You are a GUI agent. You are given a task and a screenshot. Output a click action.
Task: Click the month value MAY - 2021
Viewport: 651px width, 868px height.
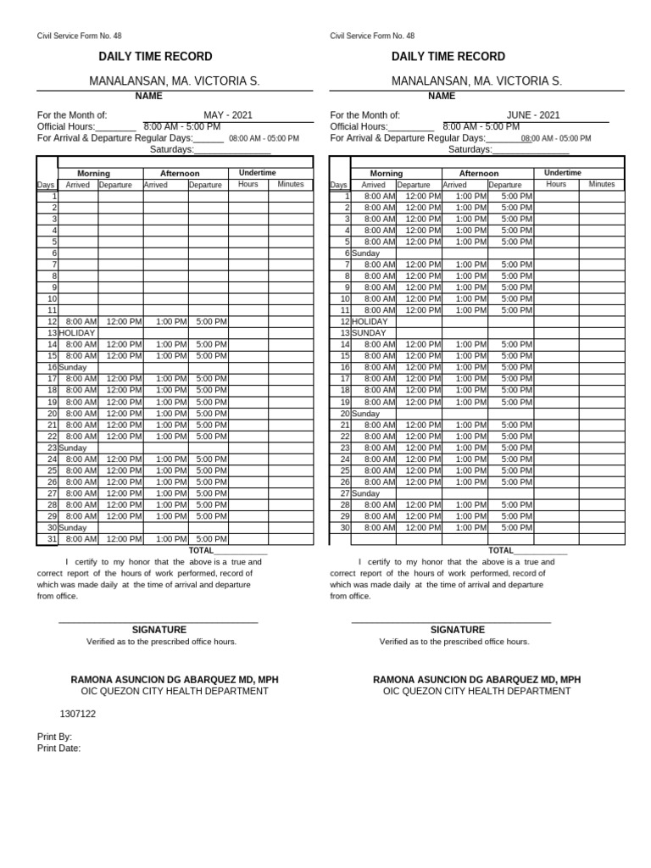[x=227, y=115]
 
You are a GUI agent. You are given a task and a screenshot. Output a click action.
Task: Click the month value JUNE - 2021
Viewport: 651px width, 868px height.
[x=533, y=115]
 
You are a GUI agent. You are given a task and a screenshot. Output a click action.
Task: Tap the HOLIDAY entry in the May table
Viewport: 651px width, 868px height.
[x=76, y=333]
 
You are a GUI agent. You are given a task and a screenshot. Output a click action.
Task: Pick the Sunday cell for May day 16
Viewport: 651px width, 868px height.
[x=73, y=367]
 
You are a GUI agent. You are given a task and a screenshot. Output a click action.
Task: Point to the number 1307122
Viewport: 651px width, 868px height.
[x=78, y=714]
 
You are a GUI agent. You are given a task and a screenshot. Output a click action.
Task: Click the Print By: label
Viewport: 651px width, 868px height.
[x=55, y=737]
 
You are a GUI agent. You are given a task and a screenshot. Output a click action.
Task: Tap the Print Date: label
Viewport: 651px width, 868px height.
[x=59, y=748]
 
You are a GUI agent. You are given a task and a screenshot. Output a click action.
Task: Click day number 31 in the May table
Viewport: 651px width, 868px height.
[x=52, y=539]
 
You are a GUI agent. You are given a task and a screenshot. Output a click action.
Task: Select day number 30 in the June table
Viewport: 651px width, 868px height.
[x=345, y=527]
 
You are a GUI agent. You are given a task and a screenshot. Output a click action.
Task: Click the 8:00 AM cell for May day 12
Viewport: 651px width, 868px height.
[x=81, y=322]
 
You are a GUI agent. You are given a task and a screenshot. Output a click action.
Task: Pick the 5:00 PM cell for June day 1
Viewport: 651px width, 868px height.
[x=516, y=196]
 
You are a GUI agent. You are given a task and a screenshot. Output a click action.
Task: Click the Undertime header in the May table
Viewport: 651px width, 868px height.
[x=257, y=173]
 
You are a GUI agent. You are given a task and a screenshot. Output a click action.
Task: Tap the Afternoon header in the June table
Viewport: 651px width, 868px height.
[x=479, y=173]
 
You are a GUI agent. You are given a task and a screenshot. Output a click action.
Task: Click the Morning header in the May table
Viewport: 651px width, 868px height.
[x=93, y=173]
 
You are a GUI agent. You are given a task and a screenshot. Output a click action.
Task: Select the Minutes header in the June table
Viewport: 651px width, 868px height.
[x=602, y=184]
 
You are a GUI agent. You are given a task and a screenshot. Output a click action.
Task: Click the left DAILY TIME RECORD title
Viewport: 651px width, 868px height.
[x=156, y=57]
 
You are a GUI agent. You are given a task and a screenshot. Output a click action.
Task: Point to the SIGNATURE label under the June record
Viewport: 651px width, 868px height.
[x=458, y=630]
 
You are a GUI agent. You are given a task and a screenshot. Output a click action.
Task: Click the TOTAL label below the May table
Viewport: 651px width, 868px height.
[x=203, y=550]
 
